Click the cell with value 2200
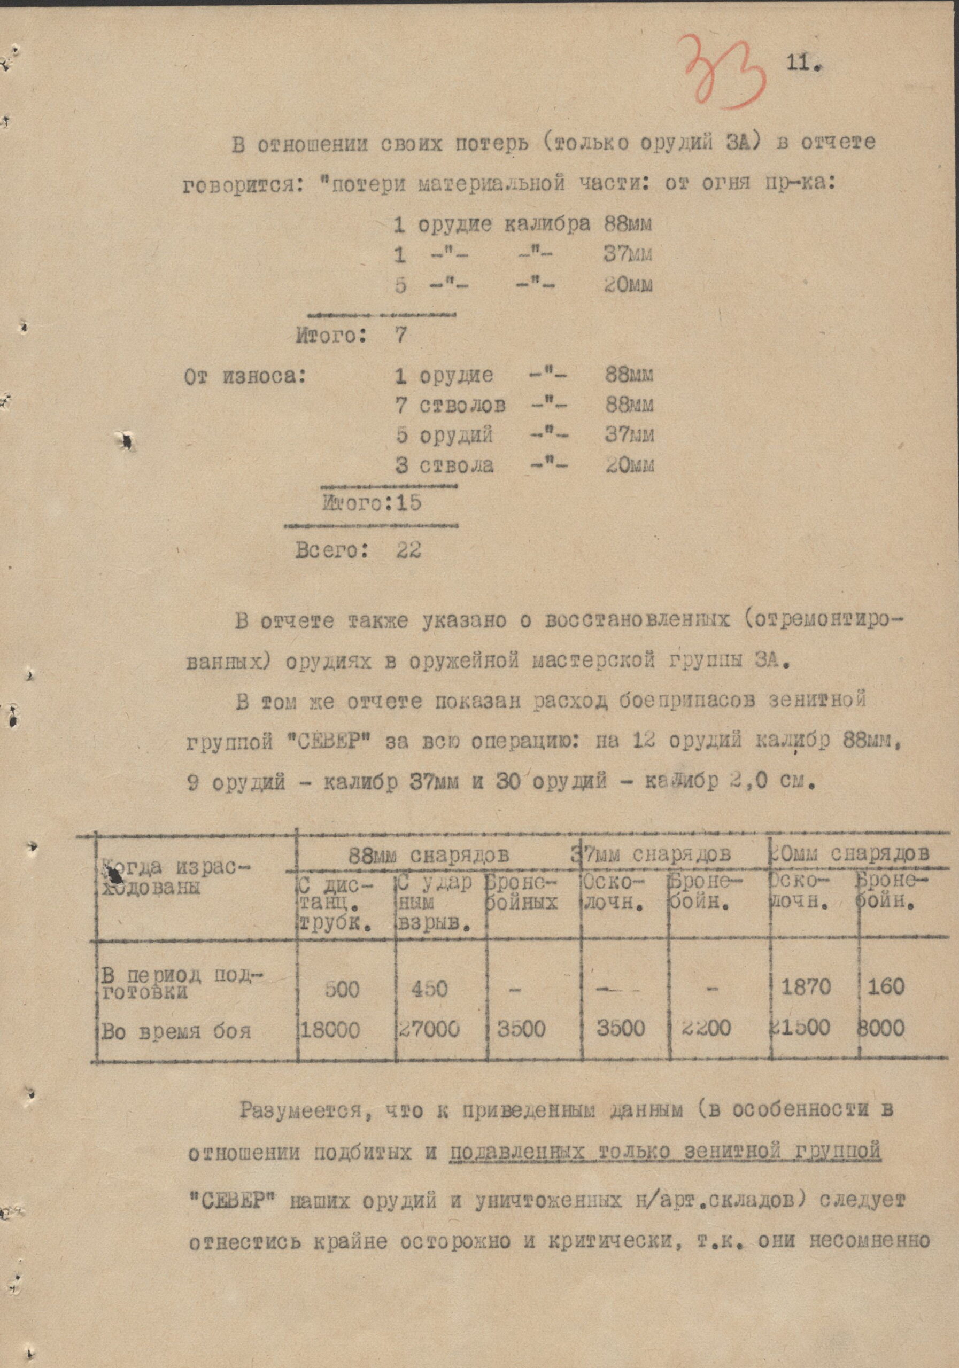[x=705, y=1028]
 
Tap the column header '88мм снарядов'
[x=429, y=856]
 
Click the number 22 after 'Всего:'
[x=409, y=549]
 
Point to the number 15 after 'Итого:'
[x=408, y=503]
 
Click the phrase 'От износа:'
[x=244, y=376]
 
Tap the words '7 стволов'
[x=451, y=406]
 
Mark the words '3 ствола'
[x=445, y=465]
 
